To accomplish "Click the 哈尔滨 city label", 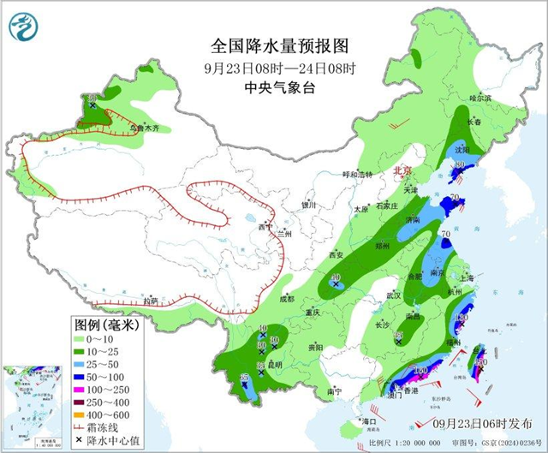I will [x=481, y=98].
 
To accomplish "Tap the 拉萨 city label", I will [x=151, y=301].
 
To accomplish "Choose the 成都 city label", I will [x=285, y=299].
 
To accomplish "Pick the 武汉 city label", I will [x=394, y=295].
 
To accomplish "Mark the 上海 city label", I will [x=467, y=277].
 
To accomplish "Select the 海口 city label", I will [x=369, y=422].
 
